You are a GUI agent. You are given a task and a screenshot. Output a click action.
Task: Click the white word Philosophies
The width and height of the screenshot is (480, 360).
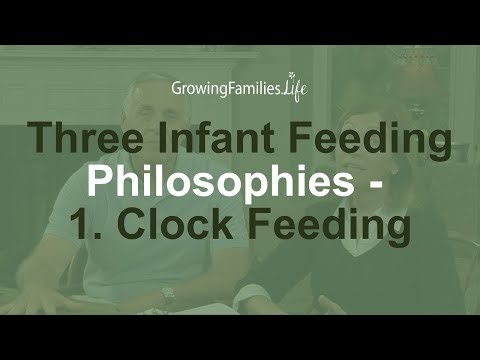[x=216, y=184]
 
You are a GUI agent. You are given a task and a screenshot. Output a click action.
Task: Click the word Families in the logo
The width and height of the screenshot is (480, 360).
[x=255, y=87]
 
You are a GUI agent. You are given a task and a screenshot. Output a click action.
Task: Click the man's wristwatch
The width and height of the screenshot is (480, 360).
[x=168, y=296]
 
